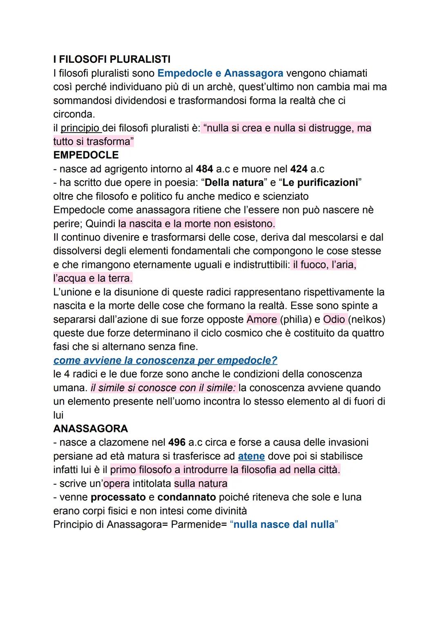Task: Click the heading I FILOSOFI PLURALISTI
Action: (x=112, y=60)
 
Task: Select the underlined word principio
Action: (x=80, y=128)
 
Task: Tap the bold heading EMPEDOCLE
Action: (x=86, y=155)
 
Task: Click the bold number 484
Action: (x=205, y=169)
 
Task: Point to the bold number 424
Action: (x=299, y=169)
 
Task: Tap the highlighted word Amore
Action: (x=262, y=319)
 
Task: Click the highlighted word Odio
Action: (x=334, y=319)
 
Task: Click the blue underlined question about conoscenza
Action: (x=165, y=361)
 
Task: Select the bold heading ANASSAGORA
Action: (x=91, y=429)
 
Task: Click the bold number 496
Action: (x=177, y=443)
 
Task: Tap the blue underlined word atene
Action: (x=251, y=456)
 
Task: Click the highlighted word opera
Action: (x=116, y=484)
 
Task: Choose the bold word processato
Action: (x=118, y=497)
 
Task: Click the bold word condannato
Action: (x=187, y=497)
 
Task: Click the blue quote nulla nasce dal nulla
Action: (x=284, y=525)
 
